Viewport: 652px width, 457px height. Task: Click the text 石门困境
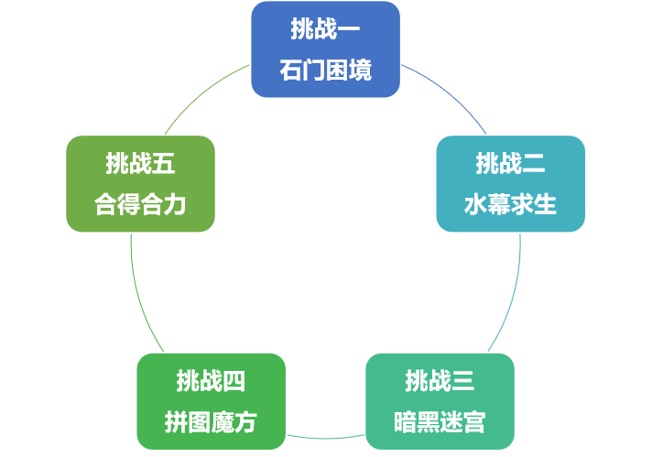pos(325,71)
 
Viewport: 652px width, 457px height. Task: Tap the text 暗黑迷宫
pos(440,422)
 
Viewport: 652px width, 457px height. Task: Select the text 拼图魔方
pos(211,422)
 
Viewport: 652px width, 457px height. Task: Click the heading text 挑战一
pos(325,30)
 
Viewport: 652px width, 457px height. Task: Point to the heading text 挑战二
pos(510,165)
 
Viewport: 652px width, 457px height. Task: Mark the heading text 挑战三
pos(440,380)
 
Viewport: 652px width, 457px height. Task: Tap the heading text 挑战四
pos(211,380)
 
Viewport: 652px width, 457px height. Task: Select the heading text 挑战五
pos(140,165)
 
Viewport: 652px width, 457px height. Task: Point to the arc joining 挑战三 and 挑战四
pos(325,437)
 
